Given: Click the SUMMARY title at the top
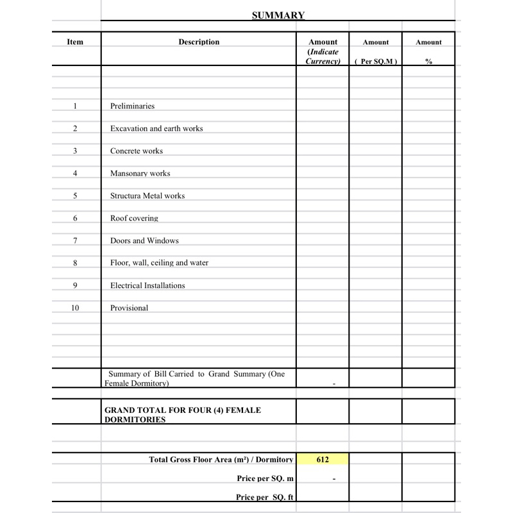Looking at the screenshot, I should click(278, 15).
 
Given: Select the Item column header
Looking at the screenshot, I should click(75, 42).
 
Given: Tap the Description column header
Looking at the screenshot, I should click(199, 42).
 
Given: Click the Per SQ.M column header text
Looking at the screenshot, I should click(376, 62).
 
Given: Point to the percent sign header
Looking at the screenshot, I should click(428, 62).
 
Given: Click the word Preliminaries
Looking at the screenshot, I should click(132, 106).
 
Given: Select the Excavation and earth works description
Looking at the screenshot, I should click(156, 129).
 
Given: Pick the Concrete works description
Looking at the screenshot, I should click(137, 151).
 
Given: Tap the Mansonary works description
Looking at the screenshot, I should click(140, 174).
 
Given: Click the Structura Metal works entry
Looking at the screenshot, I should click(147, 196).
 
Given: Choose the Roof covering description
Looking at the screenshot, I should click(134, 219).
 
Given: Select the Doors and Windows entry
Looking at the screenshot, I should click(144, 241).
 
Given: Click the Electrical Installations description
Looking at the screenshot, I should click(147, 286).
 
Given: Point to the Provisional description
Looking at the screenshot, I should click(129, 308).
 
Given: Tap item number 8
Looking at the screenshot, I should click(75, 263).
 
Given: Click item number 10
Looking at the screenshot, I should click(75, 308).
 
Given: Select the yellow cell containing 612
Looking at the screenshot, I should click(323, 460).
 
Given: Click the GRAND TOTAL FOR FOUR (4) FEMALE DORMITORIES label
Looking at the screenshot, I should click(183, 415).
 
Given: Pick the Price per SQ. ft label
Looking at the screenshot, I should click(265, 498).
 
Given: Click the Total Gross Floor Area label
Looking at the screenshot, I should click(221, 460).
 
